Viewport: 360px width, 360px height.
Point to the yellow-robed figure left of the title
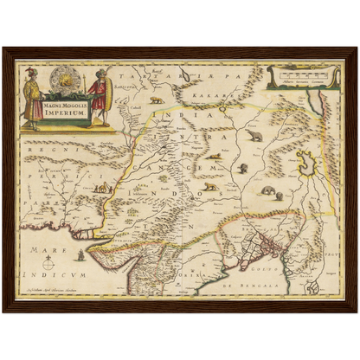coord(32,97)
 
